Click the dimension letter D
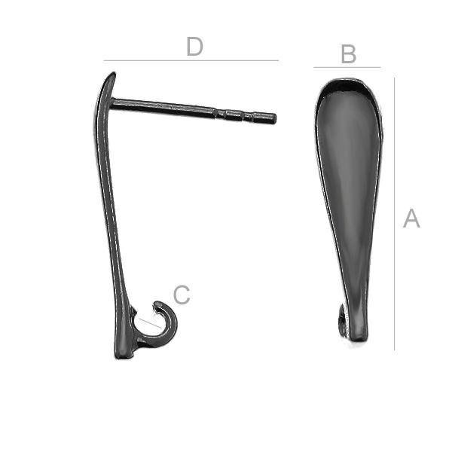[195, 46]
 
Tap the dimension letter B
[349, 54]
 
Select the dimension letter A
[411, 218]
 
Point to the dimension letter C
[182, 295]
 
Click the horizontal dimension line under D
[191, 60]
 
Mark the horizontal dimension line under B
[347, 68]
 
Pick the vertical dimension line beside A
[394, 214]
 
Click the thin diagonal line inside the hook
[150, 323]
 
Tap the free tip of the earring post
[275, 119]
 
